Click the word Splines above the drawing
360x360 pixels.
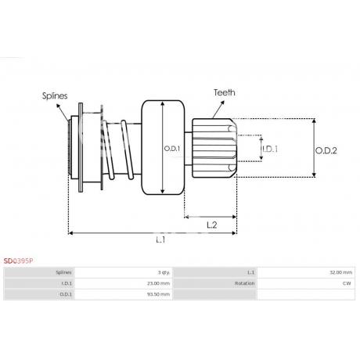coord(55,95)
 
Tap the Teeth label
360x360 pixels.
coord(225,92)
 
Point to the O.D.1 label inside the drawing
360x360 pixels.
coord(172,149)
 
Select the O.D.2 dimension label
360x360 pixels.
coord(326,150)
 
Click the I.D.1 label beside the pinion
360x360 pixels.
coord(270,149)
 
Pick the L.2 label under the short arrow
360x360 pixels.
coord(211,225)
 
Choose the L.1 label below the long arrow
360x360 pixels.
coord(160,239)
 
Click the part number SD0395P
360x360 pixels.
coord(18,261)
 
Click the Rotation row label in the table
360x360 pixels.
coord(244,283)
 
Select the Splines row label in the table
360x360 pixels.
coord(63,272)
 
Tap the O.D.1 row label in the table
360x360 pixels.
coord(66,294)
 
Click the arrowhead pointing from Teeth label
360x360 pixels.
coord(222,103)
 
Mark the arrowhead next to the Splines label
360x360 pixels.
coord(58,106)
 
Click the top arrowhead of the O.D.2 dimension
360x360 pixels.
coord(314,121)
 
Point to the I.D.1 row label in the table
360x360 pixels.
coord(67,283)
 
